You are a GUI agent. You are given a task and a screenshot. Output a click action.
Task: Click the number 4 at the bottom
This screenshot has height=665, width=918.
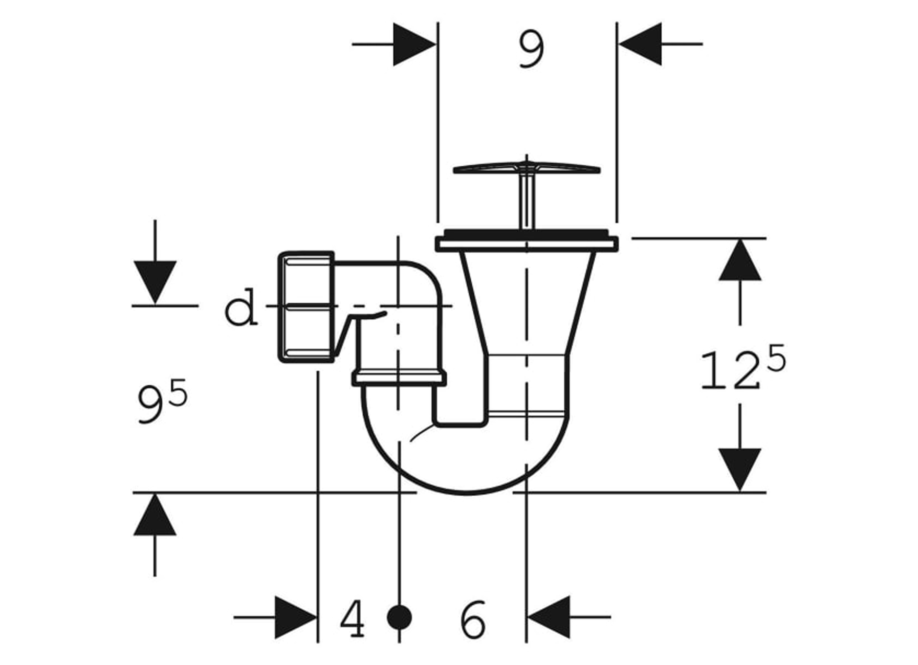tap(353, 618)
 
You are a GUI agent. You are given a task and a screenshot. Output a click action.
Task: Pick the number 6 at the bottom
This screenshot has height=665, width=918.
tap(472, 618)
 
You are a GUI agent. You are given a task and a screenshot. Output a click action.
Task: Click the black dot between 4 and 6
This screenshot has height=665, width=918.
tap(399, 617)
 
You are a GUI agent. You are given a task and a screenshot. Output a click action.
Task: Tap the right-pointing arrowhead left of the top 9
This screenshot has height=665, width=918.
tap(413, 44)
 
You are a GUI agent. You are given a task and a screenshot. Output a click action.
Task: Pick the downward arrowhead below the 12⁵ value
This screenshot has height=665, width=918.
tap(739, 468)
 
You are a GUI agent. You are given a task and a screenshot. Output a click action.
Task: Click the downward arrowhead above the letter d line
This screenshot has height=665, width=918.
tap(155, 281)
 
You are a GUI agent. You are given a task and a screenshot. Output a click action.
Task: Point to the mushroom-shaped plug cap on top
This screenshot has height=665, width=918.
tap(527, 169)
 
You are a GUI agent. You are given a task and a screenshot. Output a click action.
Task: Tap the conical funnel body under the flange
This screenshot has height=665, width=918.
tap(527, 302)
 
